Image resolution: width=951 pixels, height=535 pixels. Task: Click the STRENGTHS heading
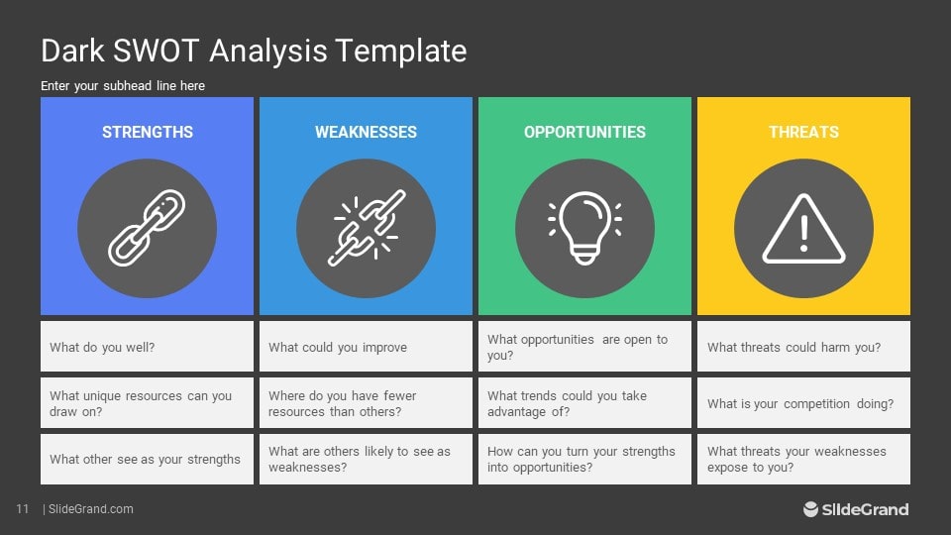[x=147, y=132]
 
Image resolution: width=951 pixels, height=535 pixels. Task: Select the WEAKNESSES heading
[x=366, y=132]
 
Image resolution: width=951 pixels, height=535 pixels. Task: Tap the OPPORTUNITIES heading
[x=584, y=132]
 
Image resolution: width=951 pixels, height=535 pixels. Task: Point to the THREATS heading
[x=803, y=132]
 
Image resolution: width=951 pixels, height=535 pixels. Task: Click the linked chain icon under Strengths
[x=147, y=229]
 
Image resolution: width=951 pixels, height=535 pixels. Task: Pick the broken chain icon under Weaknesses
[x=366, y=229]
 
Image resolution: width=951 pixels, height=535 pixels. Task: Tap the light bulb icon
[x=584, y=229]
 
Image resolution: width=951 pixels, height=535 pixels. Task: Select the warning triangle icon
[x=803, y=229]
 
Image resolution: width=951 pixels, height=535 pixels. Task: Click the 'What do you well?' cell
[x=147, y=347]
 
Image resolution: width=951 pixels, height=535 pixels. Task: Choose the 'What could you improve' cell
[x=366, y=347]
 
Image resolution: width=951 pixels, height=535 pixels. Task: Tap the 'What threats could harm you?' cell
[x=803, y=347]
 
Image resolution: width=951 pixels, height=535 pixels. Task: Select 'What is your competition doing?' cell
[x=803, y=403]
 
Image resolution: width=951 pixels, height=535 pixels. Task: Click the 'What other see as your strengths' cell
[x=147, y=459]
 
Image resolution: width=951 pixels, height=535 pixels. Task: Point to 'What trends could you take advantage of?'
[x=584, y=403]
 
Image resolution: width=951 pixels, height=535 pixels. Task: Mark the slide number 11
[x=22, y=509]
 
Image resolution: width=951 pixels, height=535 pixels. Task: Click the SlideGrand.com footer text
[x=90, y=509]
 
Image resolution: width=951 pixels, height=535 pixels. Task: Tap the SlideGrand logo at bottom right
[x=856, y=509]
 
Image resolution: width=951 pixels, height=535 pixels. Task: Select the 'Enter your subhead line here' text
[x=123, y=86]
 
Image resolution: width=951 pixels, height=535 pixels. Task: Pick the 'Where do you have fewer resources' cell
[x=366, y=403]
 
